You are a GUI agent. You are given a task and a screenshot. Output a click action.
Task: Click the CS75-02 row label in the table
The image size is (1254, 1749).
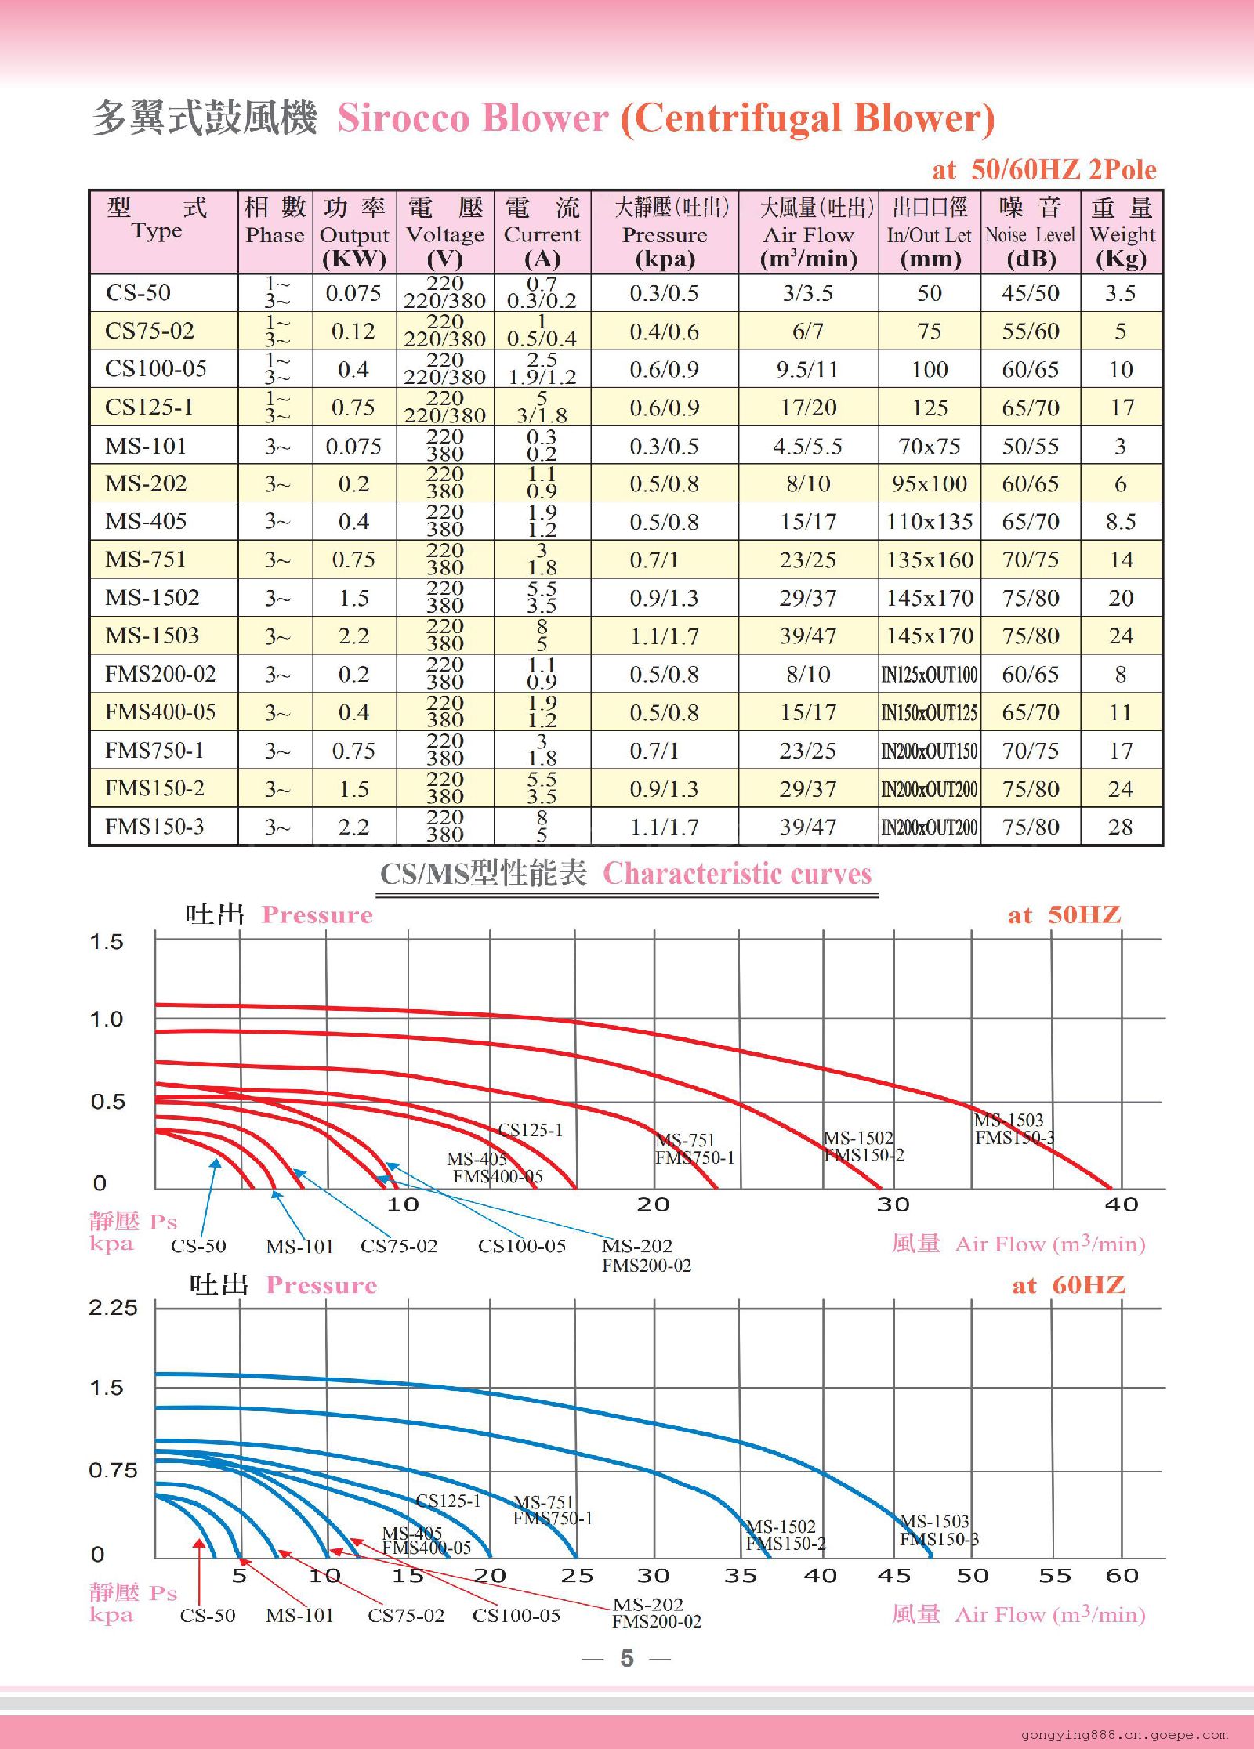pyautogui.click(x=150, y=331)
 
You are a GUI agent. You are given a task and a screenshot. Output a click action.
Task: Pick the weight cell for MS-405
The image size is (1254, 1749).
pyautogui.click(x=1121, y=522)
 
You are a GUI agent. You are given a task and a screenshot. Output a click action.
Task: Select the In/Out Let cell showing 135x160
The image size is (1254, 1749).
pyautogui.click(x=930, y=560)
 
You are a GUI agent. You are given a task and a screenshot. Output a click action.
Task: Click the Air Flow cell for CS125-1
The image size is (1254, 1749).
pyautogui.click(x=808, y=407)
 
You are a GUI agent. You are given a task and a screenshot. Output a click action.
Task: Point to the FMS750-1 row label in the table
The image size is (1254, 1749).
pyautogui.click(x=154, y=751)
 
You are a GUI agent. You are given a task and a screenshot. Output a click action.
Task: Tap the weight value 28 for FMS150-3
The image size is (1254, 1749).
pyautogui.click(x=1121, y=827)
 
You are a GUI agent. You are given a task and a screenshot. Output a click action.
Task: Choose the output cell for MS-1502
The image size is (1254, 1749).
pyautogui.click(x=353, y=599)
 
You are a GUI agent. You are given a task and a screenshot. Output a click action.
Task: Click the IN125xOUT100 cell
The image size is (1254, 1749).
pyautogui.click(x=930, y=675)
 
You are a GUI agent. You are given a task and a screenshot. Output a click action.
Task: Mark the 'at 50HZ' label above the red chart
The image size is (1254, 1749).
pyautogui.click(x=1064, y=915)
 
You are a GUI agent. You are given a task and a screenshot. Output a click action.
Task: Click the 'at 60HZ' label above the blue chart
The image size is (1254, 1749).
pyautogui.click(x=1068, y=1286)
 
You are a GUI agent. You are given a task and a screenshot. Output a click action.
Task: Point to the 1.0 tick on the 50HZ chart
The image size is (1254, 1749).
pyautogui.click(x=107, y=1019)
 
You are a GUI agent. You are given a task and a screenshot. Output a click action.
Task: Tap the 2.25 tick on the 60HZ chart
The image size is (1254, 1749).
pyautogui.click(x=113, y=1308)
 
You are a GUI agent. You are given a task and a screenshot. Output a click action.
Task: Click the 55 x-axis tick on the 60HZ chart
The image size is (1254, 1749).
pyautogui.click(x=1054, y=1576)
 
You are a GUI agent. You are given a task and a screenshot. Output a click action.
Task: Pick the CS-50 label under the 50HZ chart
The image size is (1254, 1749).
pyautogui.click(x=198, y=1246)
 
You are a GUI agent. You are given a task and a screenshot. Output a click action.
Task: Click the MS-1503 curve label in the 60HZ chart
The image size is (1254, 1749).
pyautogui.click(x=934, y=1522)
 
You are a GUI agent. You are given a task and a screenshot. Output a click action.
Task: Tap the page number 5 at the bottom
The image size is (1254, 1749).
pyautogui.click(x=627, y=1658)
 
